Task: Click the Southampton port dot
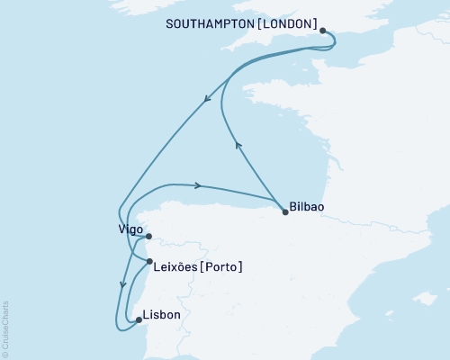pyautogui.click(x=323, y=30)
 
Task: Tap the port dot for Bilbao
pyautogui.click(x=285, y=212)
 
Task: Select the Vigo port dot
pyautogui.click(x=149, y=238)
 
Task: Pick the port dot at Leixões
pyautogui.click(x=149, y=262)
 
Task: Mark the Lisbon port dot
pyautogui.click(x=138, y=319)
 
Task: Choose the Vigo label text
pyautogui.click(x=130, y=229)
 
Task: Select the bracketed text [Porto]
pyautogui.click(x=222, y=266)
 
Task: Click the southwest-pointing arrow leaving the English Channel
pyautogui.click(x=208, y=99)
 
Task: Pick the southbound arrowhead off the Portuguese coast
pyautogui.click(x=121, y=285)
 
